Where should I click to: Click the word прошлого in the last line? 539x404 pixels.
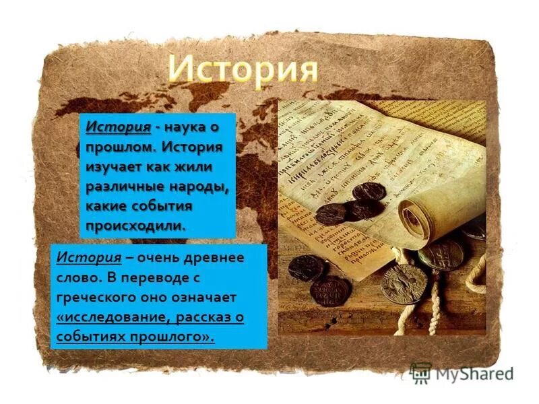[178, 336]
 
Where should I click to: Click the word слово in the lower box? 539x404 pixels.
[77, 277]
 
